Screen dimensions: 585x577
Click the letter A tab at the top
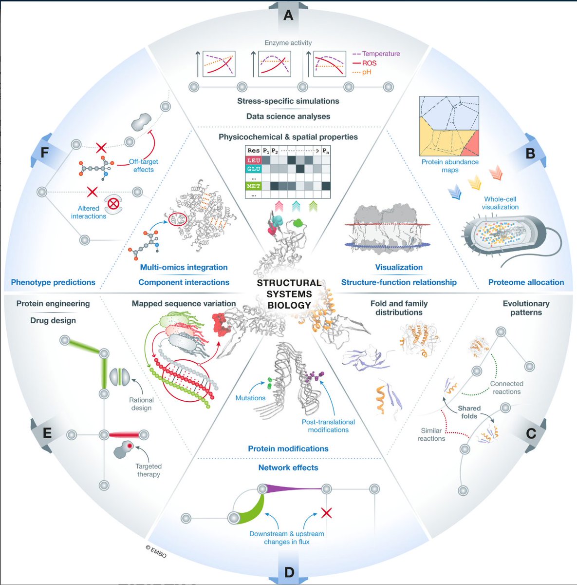pos(288,15)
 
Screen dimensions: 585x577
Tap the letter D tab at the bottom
pos(289,571)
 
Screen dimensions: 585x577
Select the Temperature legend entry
pos(380,54)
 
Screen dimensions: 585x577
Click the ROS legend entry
pos(369,63)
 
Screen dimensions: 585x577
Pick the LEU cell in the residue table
pos(254,160)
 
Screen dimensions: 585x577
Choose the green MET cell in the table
pos(254,186)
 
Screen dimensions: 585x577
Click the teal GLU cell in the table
pos(254,169)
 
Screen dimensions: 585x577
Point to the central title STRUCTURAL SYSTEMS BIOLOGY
pos(289,294)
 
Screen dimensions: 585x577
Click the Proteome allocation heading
pos(526,282)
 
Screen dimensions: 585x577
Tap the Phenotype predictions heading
pos(53,282)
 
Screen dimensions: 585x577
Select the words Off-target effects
pos(143,166)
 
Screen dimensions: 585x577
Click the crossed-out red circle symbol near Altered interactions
pos(113,204)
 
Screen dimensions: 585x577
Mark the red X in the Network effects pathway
pos(326,512)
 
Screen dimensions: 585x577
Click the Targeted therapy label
pos(149,470)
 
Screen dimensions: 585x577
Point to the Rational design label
pos(141,404)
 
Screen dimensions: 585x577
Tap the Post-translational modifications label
pos(328,426)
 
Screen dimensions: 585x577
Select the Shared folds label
pos(469,412)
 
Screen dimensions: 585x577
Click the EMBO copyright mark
pos(156,551)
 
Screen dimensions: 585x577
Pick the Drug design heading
pos(53,320)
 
